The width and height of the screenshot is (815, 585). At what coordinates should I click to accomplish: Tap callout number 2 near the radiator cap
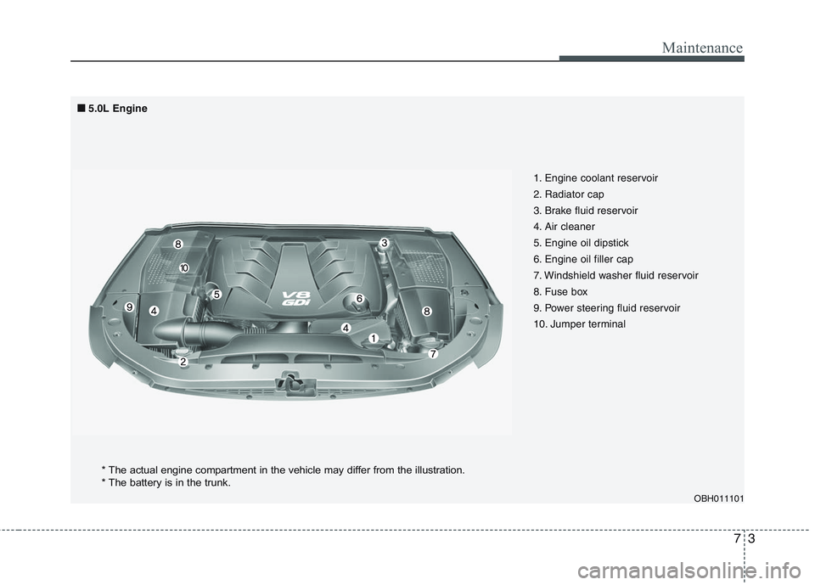pos(183,361)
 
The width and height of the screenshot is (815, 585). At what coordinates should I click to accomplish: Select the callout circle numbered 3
pos(384,244)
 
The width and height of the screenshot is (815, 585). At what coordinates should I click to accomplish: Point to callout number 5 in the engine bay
pos(216,294)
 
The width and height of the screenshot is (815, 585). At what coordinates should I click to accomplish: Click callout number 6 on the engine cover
pos(359,299)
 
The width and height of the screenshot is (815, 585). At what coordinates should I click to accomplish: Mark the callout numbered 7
pos(432,353)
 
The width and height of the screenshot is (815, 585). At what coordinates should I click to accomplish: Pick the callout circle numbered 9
pos(129,306)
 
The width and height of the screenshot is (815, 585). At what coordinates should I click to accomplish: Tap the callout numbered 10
pos(183,267)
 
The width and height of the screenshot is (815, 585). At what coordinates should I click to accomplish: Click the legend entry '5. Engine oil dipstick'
pos(581,243)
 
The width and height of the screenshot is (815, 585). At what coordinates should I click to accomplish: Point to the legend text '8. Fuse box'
pos(559,291)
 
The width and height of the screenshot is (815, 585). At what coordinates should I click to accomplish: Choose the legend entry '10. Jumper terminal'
pos(579,323)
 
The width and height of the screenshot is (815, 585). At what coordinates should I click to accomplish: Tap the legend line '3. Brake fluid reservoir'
pos(586,211)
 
